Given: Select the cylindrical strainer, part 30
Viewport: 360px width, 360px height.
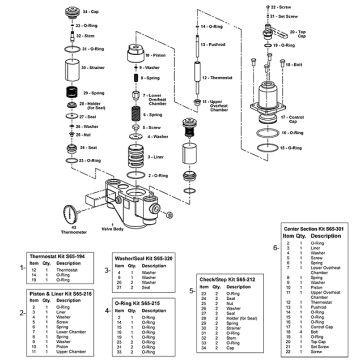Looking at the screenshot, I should tap(70, 68).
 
